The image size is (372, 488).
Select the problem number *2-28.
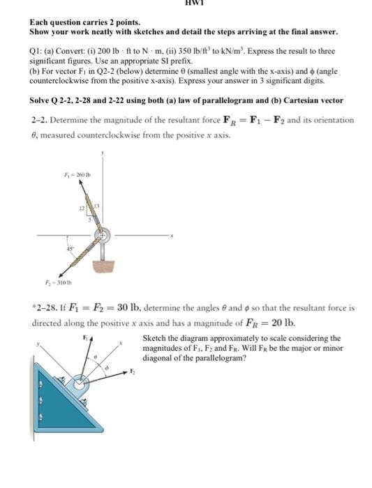click(x=45, y=306)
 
